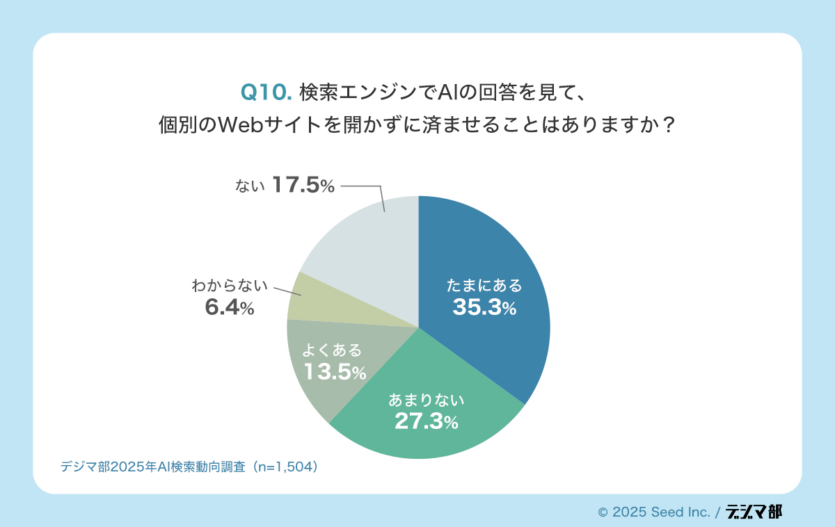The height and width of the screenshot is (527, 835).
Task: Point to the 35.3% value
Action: [484, 307]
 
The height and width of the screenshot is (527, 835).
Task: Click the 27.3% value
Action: [426, 421]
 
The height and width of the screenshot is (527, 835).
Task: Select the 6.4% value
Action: [229, 307]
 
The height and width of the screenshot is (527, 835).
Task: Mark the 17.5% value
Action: [303, 186]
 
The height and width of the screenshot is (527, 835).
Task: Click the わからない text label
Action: [230, 285]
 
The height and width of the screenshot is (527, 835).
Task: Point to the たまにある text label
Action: [484, 285]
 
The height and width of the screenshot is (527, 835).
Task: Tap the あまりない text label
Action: [426, 400]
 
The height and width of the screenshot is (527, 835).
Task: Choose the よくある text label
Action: [333, 350]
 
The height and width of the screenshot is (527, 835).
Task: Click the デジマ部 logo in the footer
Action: [754, 512]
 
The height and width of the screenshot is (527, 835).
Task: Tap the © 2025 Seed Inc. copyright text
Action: [654, 512]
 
